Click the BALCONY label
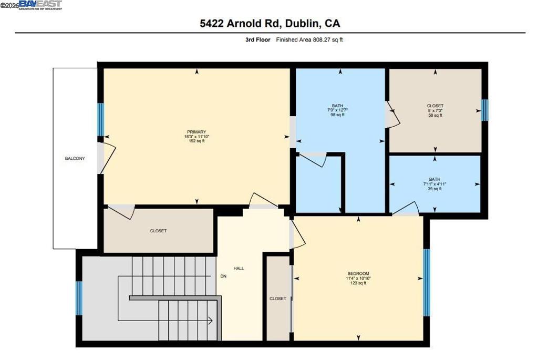click(x=75, y=159)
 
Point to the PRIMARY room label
click(x=196, y=132)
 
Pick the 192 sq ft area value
click(x=196, y=141)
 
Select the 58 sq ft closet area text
click(x=434, y=115)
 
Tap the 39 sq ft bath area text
click(x=434, y=189)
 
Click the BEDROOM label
click(x=358, y=273)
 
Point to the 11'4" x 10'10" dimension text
click(x=358, y=279)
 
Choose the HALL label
click(x=239, y=269)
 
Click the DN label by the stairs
click(x=223, y=276)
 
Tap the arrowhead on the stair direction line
click(x=210, y=320)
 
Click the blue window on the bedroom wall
click(x=427, y=282)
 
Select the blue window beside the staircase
click(x=79, y=298)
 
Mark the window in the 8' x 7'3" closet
click(x=485, y=110)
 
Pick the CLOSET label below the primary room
click(x=158, y=231)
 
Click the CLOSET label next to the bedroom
click(x=277, y=299)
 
